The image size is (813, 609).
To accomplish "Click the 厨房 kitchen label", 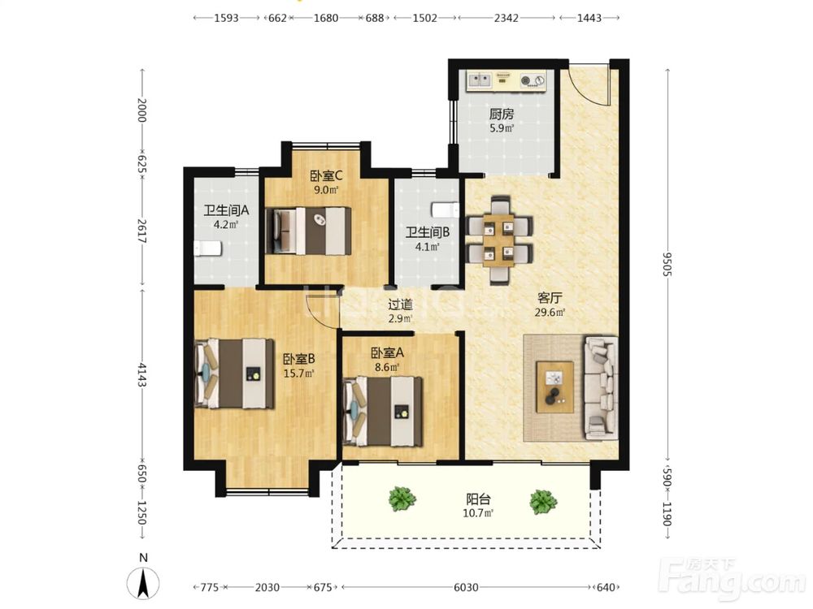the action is [502, 114].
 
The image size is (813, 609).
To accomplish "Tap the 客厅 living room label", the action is [550, 298].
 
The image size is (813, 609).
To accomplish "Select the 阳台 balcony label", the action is [478, 499].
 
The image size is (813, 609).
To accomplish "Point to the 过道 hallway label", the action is [400, 304].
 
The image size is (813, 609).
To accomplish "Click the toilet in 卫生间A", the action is [207, 248].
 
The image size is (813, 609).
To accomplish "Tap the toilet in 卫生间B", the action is [446, 209].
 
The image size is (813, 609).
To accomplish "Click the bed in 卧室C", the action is [308, 231].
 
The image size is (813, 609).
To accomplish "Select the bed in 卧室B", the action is [234, 374].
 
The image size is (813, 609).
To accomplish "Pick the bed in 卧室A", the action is [383, 411].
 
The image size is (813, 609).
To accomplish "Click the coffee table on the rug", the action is [554, 387].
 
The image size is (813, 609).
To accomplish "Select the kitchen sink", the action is [480, 80].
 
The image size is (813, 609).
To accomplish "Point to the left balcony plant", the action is [402, 499].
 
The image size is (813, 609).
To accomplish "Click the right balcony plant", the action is [543, 501].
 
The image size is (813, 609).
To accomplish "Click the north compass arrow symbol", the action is [144, 583].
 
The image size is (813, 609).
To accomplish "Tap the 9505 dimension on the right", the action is [667, 264].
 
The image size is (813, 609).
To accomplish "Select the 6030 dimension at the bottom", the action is [466, 587].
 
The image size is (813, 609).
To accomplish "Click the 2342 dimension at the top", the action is [506, 18].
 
